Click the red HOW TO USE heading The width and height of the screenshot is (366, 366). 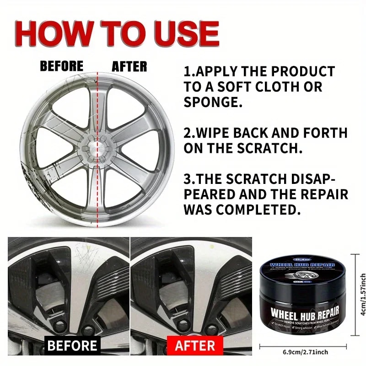pyautogui.click(x=117, y=33)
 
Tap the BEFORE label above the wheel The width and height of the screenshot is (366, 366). pyautogui.click(x=61, y=66)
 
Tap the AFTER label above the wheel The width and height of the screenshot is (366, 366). pyautogui.click(x=129, y=66)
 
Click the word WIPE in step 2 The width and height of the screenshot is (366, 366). pyautogui.click(x=215, y=133)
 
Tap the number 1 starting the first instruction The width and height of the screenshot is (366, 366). pyautogui.click(x=187, y=72)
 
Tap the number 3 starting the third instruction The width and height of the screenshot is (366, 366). pyautogui.click(x=188, y=179)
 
